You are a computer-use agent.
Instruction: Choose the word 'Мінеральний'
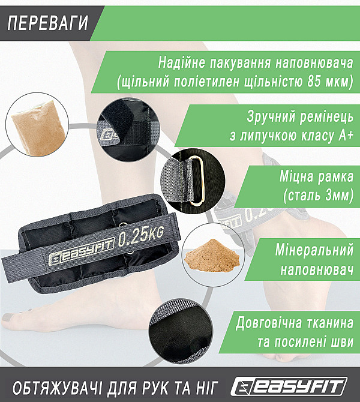point(313,248)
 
